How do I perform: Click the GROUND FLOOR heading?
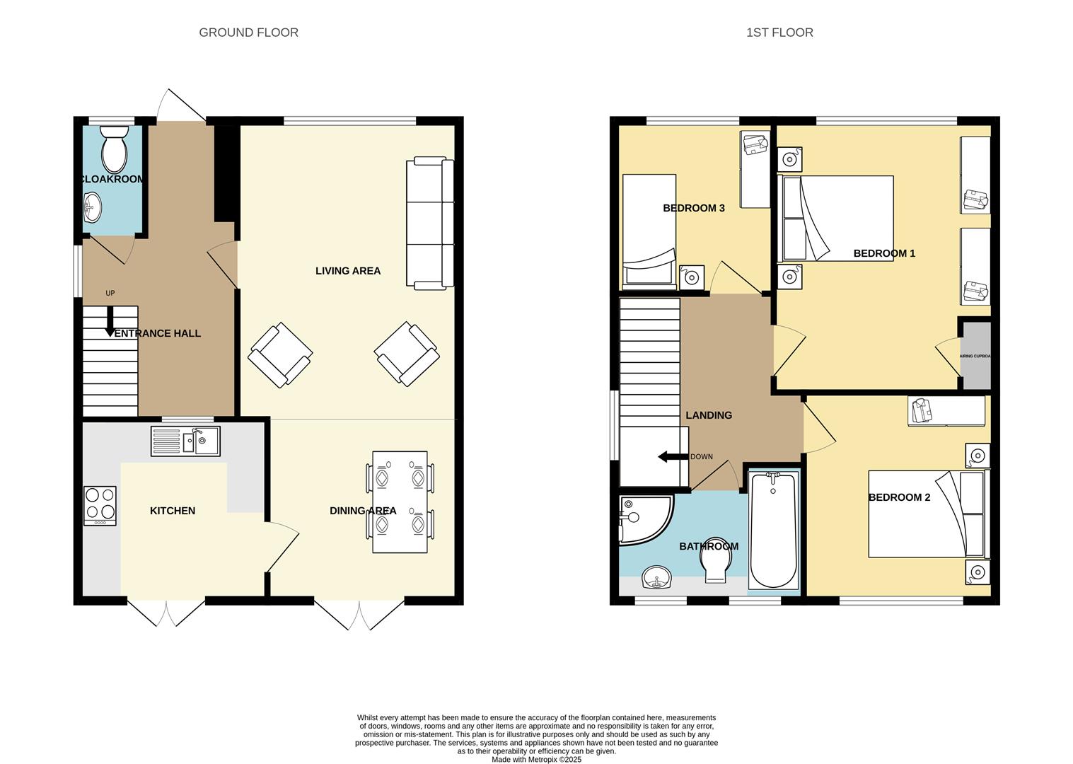pyautogui.click(x=248, y=33)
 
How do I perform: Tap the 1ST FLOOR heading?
pyautogui.click(x=779, y=33)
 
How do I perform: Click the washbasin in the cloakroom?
pyautogui.click(x=93, y=208)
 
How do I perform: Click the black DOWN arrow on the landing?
pyautogui.click(x=673, y=457)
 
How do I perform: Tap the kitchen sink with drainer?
pyautogui.click(x=185, y=441)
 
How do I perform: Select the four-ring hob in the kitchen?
pyautogui.click(x=100, y=505)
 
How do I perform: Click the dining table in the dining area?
pyautogui.click(x=400, y=502)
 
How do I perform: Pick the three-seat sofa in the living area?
pyautogui.click(x=429, y=224)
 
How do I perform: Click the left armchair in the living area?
pyautogui.click(x=280, y=354)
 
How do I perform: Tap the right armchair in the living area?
pyautogui.click(x=406, y=354)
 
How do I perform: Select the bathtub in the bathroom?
pyautogui.click(x=773, y=530)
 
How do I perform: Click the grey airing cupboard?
pyautogui.click(x=975, y=356)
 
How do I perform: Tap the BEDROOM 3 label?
pyautogui.click(x=693, y=208)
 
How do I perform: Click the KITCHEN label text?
pyautogui.click(x=173, y=511)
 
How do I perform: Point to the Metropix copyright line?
pyautogui.click(x=536, y=760)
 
